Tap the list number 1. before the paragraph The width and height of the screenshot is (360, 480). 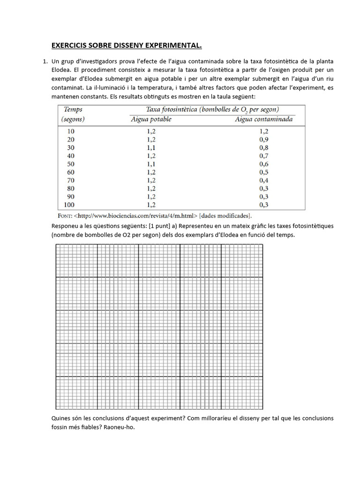[x=45, y=61]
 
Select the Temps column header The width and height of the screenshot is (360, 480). [x=73, y=109]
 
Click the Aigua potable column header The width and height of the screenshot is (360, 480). [x=150, y=119]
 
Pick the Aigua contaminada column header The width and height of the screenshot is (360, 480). [x=263, y=119]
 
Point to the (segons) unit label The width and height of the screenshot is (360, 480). [x=73, y=119]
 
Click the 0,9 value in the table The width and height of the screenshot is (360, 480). [x=263, y=139]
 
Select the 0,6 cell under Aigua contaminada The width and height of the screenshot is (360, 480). [x=263, y=164]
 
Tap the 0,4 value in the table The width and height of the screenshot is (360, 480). [x=263, y=180]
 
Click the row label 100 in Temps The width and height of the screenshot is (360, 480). [x=69, y=205]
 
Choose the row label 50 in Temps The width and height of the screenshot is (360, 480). [x=70, y=164]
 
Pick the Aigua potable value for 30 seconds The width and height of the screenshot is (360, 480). [x=151, y=148]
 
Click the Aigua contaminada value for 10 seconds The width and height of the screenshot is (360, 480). [x=263, y=131]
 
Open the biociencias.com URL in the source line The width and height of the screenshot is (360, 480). [x=136, y=216]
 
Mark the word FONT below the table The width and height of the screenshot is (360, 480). [x=64, y=216]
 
